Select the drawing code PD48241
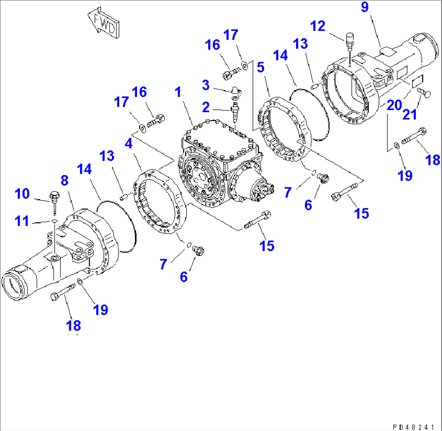[x=415, y=427]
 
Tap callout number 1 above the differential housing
[x=178, y=93]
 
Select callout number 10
[x=23, y=194]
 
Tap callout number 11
[x=22, y=221]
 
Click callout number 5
[x=261, y=68]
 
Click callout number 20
[x=393, y=104]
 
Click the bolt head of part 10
[x=53, y=196]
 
